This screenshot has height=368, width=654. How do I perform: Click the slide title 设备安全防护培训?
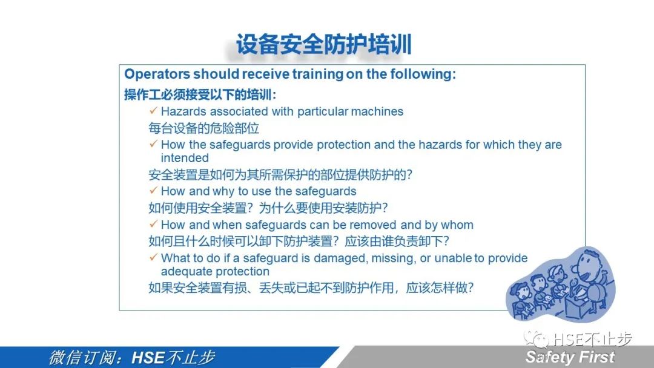pos(324,45)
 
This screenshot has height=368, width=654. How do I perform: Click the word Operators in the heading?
pos(156,74)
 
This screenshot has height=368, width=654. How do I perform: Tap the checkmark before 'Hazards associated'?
pos(153,111)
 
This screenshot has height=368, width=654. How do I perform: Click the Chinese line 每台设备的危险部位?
pos(203,128)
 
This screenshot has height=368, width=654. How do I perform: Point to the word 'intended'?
pos(185,157)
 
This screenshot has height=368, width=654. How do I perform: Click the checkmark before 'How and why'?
pos(153,191)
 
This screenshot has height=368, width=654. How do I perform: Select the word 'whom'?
pos(457,225)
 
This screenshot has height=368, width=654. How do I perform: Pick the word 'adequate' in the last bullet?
pos(185,271)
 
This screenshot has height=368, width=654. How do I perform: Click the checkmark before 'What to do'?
pos(153,258)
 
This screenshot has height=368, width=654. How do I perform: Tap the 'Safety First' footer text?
pos(570,357)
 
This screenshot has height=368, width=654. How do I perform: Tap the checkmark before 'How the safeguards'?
pos(153,144)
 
